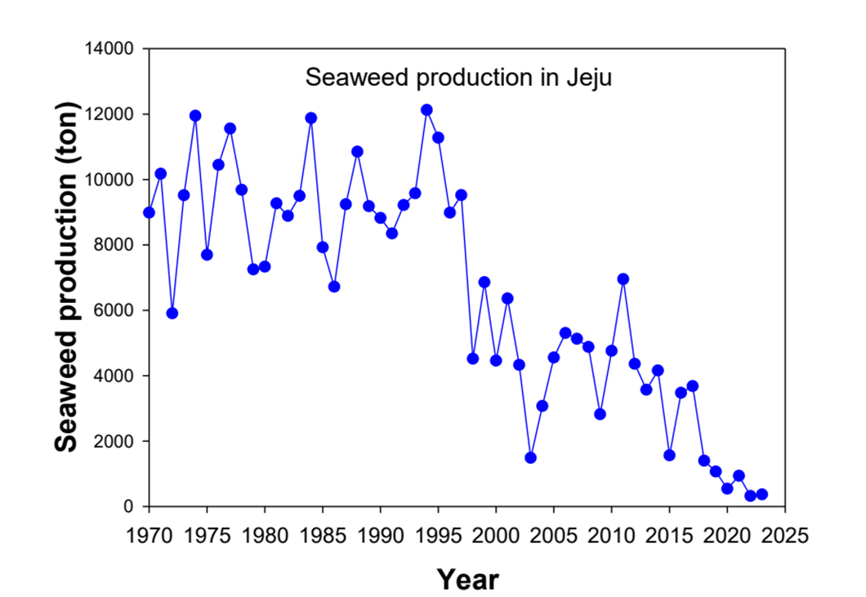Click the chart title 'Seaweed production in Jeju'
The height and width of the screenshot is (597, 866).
point(458,78)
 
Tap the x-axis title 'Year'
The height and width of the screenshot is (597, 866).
point(467,579)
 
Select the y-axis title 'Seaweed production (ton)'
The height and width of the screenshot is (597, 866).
point(68,278)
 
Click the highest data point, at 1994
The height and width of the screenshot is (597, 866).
point(426,110)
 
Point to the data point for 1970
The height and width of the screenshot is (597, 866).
point(149,212)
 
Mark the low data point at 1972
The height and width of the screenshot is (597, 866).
point(172,313)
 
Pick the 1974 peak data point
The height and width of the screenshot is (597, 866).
point(195,116)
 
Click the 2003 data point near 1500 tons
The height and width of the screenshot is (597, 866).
point(530,457)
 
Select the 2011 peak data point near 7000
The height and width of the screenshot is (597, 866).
point(623,278)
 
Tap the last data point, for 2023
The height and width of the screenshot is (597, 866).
point(761,494)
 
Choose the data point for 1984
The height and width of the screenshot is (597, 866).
point(311,118)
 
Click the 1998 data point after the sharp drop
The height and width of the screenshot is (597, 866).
point(472,359)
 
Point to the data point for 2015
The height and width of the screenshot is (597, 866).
point(669,455)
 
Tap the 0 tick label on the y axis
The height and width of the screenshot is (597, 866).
point(128,506)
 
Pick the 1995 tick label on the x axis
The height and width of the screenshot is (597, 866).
point(438,536)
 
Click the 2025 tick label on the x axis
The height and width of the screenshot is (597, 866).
point(784,536)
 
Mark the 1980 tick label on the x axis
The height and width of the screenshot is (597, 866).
point(265,536)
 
